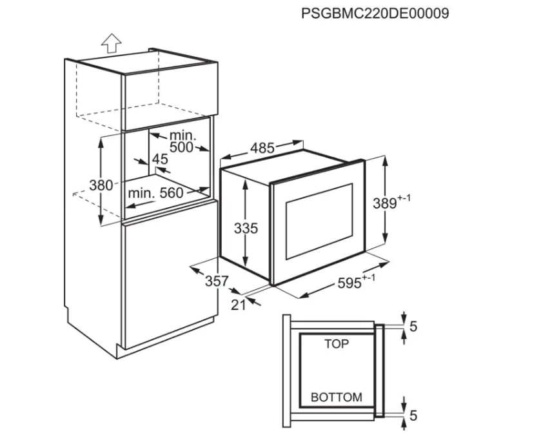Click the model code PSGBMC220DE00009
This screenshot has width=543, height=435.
pyautogui.click(x=375, y=14)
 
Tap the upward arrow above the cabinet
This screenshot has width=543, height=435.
pyautogui.click(x=112, y=43)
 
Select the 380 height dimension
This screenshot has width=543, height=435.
pyautogui.click(x=101, y=185)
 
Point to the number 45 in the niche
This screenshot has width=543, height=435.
pyautogui.click(x=160, y=159)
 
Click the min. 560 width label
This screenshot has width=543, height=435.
pyautogui.click(x=155, y=193)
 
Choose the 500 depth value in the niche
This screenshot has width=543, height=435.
pyautogui.click(x=181, y=147)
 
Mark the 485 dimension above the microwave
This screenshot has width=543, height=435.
pyautogui.click(x=262, y=148)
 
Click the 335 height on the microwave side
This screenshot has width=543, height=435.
pyautogui.click(x=246, y=228)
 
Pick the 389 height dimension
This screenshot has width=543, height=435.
pyautogui.click(x=385, y=203)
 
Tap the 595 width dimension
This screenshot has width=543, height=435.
pyautogui.click(x=350, y=283)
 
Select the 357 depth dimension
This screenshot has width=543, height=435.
pyautogui.click(x=217, y=281)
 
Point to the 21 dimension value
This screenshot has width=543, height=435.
pyautogui.click(x=238, y=305)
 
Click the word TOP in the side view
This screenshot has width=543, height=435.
pyautogui.click(x=336, y=344)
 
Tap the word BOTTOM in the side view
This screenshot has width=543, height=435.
pyautogui.click(x=336, y=397)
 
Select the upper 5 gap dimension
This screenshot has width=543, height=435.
pyautogui.click(x=413, y=326)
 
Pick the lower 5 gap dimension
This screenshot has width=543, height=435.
pyautogui.click(x=413, y=415)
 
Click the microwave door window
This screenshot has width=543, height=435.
pyautogui.click(x=319, y=221)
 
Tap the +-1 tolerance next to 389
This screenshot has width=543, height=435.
pyautogui.click(x=404, y=198)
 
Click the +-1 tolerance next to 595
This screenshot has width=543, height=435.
pyautogui.click(x=368, y=278)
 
